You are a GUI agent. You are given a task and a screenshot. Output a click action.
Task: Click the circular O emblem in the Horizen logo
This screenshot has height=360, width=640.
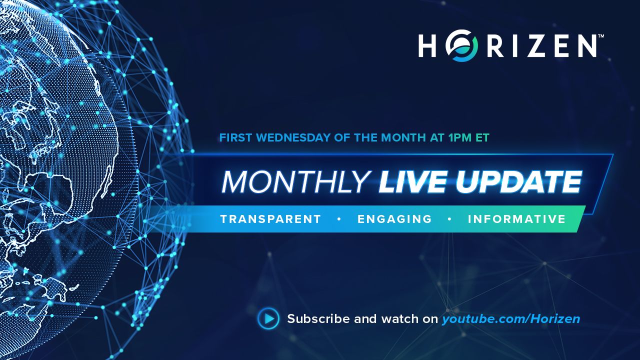[462, 46]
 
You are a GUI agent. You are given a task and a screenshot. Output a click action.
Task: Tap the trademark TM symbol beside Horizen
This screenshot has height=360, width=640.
[600, 37]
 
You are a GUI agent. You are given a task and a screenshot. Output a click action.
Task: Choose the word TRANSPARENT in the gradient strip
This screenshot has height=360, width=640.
[270, 219]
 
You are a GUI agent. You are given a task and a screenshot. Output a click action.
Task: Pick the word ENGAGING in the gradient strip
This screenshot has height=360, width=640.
[394, 219]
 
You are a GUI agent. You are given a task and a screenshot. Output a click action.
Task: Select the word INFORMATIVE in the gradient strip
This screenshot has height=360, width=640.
[516, 219]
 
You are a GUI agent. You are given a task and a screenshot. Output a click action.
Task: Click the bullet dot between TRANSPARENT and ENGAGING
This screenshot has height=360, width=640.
[339, 219]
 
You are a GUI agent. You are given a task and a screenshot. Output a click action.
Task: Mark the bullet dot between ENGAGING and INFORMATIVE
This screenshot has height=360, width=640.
[449, 219]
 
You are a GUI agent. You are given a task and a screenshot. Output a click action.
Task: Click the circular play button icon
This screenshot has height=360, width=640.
[268, 318]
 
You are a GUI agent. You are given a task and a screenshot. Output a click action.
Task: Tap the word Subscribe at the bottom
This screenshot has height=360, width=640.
[318, 319]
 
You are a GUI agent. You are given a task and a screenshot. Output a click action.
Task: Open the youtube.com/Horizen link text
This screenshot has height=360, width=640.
[510, 319]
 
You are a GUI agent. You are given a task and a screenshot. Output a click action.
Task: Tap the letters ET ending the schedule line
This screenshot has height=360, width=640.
[482, 137]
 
